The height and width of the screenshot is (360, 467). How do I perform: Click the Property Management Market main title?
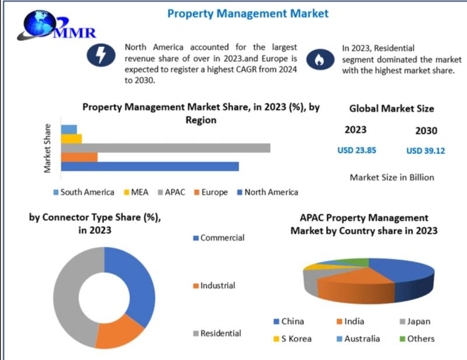tap(248, 13)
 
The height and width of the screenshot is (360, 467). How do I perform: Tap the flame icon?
tap(320, 58)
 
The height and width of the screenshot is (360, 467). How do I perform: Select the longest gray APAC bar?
tap(165, 148)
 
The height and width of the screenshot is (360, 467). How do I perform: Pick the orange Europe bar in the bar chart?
tap(79, 157)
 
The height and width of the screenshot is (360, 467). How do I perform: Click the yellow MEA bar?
tap(71, 138)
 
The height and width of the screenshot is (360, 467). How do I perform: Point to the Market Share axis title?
tap(48, 148)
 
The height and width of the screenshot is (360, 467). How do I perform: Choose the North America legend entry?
tap(267, 192)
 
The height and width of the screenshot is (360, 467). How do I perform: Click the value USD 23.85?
tap(357, 150)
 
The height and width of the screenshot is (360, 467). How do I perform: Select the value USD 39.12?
tap(426, 151)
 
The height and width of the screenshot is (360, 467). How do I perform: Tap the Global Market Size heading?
tap(391, 108)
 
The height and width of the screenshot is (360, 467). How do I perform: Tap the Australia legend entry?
tap(357, 338)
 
